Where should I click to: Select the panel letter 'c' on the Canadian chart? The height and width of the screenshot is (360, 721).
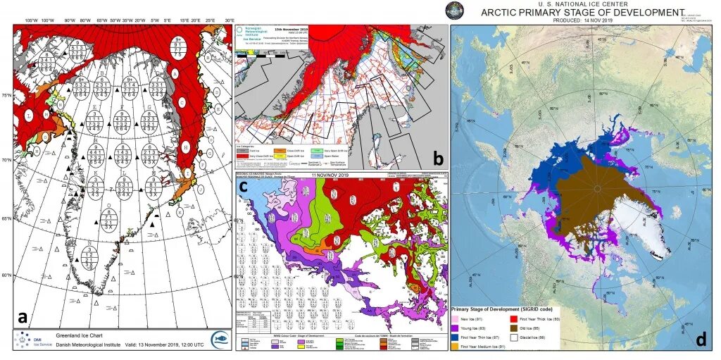click(243, 187)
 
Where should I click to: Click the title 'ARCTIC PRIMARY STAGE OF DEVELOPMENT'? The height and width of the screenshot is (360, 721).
click(582, 12)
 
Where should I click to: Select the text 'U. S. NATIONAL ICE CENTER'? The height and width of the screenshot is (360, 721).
click(582, 4)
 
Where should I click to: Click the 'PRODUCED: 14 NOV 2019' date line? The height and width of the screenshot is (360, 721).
click(582, 20)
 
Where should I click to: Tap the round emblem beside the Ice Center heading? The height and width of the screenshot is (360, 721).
click(456, 10)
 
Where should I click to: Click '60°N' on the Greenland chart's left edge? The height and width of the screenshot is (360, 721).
click(6, 275)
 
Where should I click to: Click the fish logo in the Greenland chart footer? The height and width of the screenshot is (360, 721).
click(220, 339)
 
